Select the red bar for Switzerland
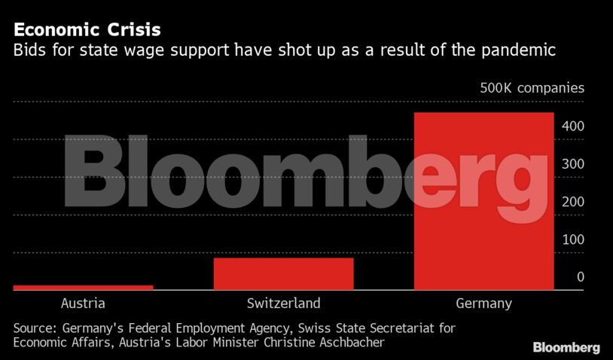(x=283, y=273)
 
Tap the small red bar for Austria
(x=83, y=287)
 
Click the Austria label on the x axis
(x=82, y=304)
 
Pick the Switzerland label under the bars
(x=283, y=304)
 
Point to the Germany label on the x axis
(x=483, y=304)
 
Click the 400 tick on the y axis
(x=573, y=127)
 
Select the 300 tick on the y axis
(x=573, y=164)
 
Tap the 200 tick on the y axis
(x=573, y=202)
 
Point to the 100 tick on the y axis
(x=573, y=239)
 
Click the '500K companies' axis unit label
(x=532, y=88)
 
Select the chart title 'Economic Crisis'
(x=87, y=31)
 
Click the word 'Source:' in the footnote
(x=35, y=328)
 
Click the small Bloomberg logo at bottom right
(x=566, y=347)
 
